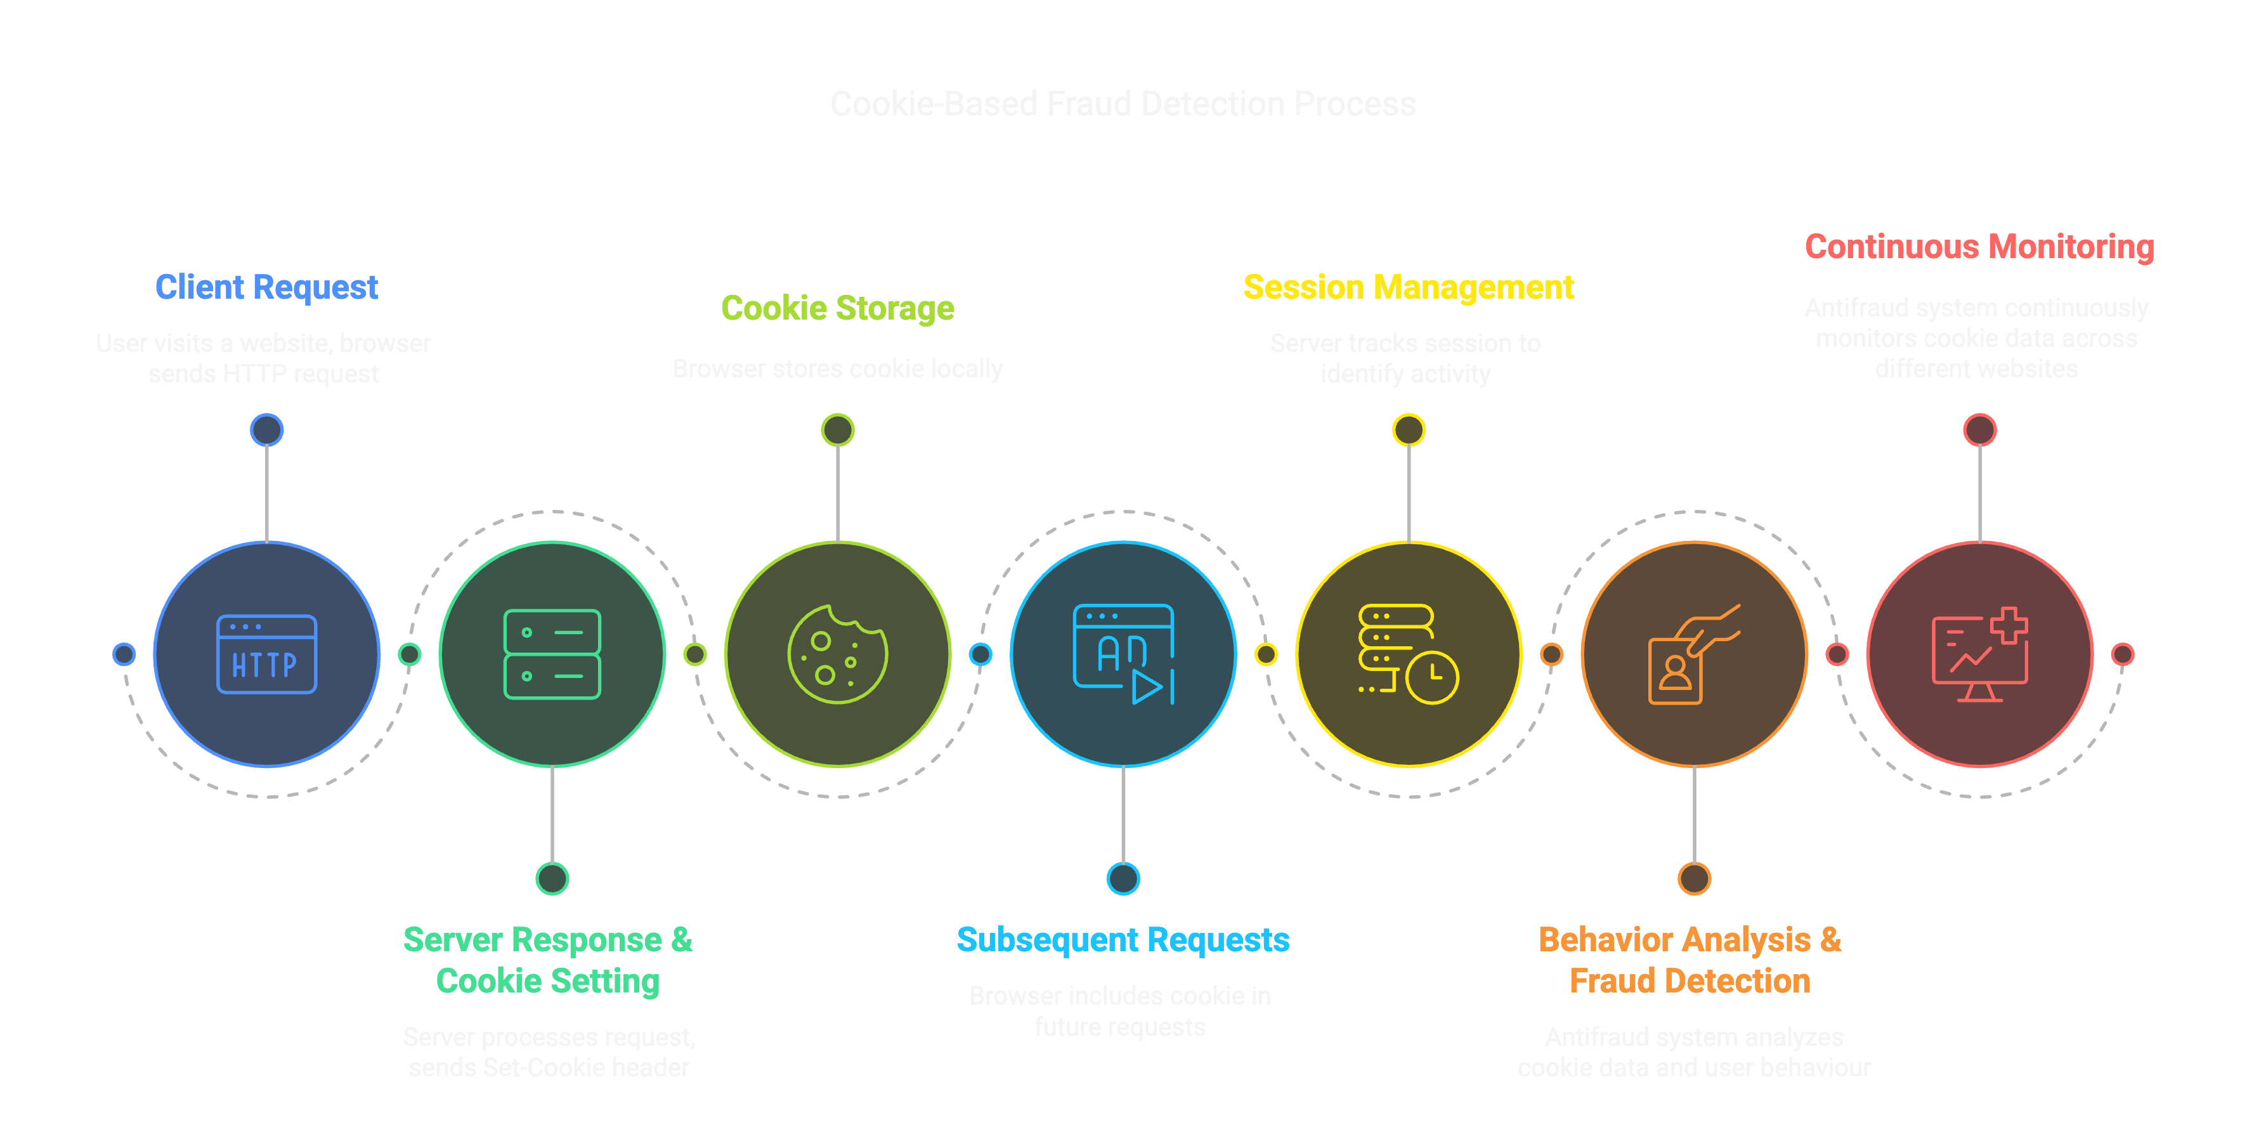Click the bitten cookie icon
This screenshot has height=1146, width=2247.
837,654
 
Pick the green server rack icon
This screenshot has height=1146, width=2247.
552,654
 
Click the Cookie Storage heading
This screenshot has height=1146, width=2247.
837,308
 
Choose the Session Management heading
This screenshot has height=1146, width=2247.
1408,287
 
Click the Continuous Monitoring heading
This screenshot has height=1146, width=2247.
1979,247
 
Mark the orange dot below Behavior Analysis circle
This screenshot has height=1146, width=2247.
1694,878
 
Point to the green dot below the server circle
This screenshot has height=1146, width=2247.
552,878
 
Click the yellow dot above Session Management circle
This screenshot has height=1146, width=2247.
1408,430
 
